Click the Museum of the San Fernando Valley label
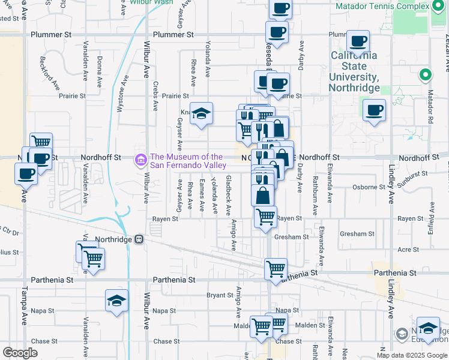[x=188, y=161]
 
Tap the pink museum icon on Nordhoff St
[x=141, y=160]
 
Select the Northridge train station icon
[x=139, y=239]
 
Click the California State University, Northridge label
[x=355, y=71]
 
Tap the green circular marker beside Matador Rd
[x=426, y=75]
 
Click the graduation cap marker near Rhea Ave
[x=202, y=113]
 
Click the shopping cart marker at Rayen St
[x=265, y=216]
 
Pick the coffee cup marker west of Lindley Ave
[x=374, y=110]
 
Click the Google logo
[x=20, y=353]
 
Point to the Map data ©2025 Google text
[x=412, y=355]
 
